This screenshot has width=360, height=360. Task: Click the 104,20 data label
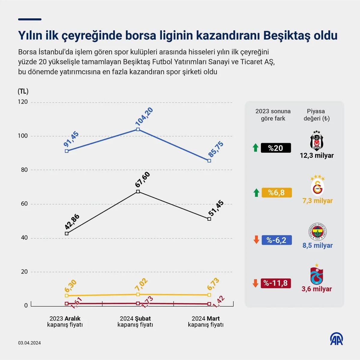click(144, 116)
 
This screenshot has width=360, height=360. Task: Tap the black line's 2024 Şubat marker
click(138, 192)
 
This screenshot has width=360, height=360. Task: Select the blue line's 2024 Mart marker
click(209, 161)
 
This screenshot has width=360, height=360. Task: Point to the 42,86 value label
click(72, 222)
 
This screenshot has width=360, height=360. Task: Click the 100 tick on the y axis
click(23, 136)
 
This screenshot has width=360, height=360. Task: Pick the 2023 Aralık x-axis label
click(65, 321)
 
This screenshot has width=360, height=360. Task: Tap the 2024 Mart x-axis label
click(206, 321)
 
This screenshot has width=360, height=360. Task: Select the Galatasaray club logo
click(317, 186)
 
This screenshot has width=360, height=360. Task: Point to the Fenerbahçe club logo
click(317, 231)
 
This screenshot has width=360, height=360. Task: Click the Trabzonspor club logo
click(316, 275)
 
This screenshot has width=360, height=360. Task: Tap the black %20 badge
click(276, 148)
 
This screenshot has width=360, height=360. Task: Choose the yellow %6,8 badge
click(277, 192)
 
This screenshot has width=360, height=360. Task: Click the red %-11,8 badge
click(276, 283)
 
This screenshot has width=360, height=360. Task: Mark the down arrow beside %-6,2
click(256, 240)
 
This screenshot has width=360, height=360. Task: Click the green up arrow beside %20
click(256, 147)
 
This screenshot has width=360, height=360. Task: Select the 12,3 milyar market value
click(317, 156)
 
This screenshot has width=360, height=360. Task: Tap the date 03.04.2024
click(29, 343)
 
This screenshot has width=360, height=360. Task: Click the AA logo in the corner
click(337, 339)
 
